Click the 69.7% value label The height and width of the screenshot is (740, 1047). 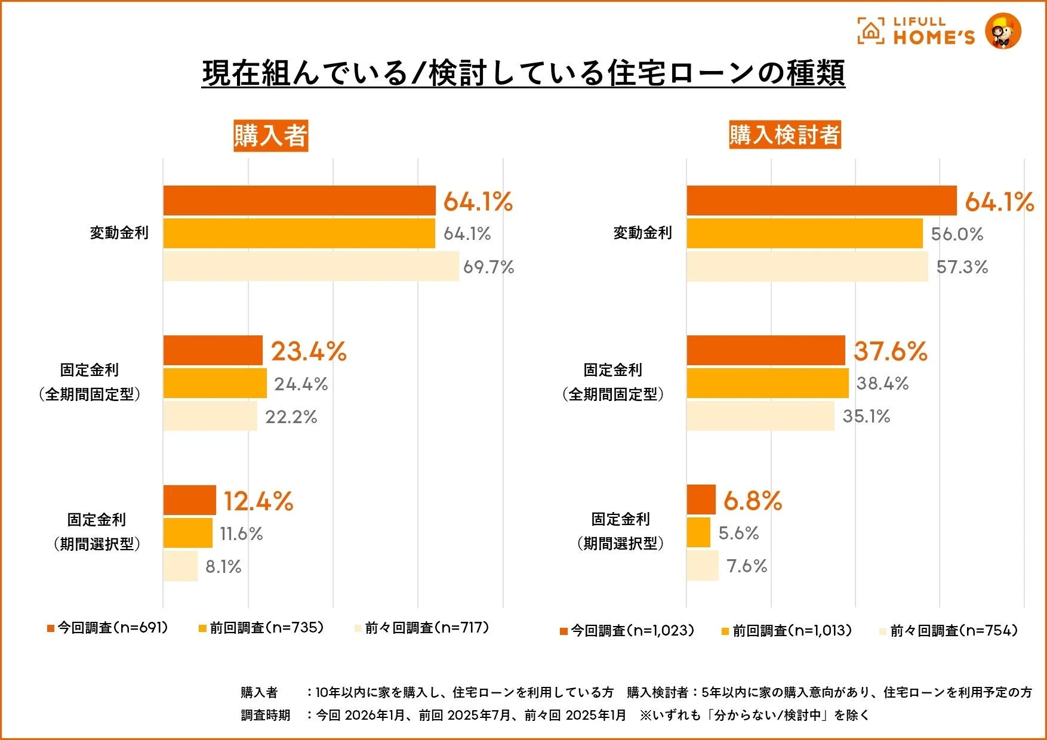(488, 267)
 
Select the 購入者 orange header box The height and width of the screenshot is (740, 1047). (270, 135)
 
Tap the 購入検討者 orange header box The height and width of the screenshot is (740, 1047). (784, 134)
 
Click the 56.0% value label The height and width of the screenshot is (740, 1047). (957, 234)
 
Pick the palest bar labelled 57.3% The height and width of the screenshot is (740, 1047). (807, 267)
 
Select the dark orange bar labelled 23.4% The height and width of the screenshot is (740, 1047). (213, 350)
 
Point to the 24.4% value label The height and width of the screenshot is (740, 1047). (301, 384)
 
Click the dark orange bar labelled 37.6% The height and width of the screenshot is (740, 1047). (766, 350)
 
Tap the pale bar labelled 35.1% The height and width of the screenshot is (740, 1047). (760, 416)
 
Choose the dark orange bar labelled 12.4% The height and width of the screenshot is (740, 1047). (189, 500)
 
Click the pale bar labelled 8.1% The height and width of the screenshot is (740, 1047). (180, 566)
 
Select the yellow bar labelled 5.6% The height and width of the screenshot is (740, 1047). (698, 533)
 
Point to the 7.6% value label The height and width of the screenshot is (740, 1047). (747, 566)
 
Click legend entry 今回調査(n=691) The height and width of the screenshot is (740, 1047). (108, 628)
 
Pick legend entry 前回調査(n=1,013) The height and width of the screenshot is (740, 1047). (787, 631)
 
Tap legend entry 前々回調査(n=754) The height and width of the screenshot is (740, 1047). (949, 631)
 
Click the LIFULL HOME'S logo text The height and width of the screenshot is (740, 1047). (933, 32)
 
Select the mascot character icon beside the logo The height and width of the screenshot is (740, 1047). (1003, 31)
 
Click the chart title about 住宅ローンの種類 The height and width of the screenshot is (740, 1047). (523, 73)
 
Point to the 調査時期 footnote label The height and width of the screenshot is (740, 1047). (266, 715)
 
